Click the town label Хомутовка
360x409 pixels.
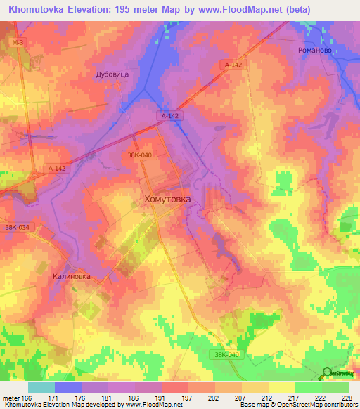167,199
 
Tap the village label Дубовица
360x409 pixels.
113,73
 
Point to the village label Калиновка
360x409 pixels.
72,276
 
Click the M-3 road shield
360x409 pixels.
18,43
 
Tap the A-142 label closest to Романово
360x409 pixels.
234,64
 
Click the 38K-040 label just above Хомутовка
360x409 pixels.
136,155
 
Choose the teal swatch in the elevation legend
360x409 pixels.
41,387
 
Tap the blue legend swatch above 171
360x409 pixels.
68,387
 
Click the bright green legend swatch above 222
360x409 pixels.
309,387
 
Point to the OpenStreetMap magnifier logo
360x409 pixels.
328,373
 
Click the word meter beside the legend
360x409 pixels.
11,398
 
